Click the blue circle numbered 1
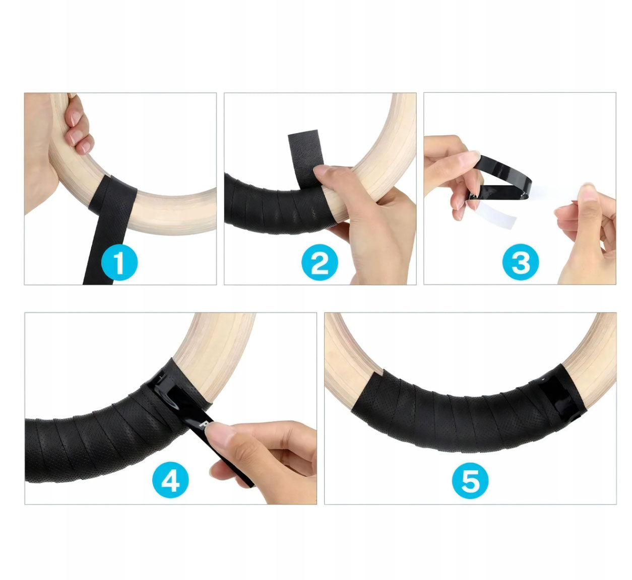point(119,262)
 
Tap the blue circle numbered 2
point(320,262)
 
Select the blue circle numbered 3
point(521,262)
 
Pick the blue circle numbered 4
point(170,479)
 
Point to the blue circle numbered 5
point(470,480)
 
